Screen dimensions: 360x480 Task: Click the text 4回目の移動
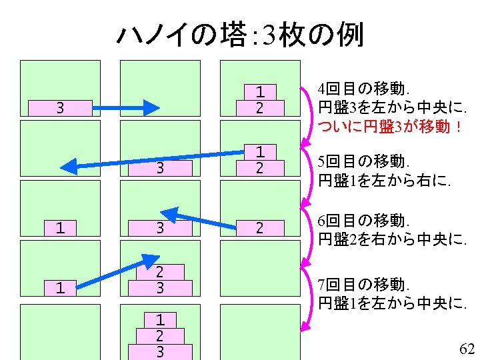(364, 89)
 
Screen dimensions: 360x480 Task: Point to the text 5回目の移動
(364, 161)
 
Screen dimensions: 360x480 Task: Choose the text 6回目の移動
(364, 220)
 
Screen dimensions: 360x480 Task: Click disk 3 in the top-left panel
(60, 108)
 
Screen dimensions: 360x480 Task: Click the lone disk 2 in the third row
(260, 228)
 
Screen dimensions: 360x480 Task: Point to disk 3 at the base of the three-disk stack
(160, 351)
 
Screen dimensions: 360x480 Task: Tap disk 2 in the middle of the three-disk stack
(160, 335)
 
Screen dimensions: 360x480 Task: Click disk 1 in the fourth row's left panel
(60, 288)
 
